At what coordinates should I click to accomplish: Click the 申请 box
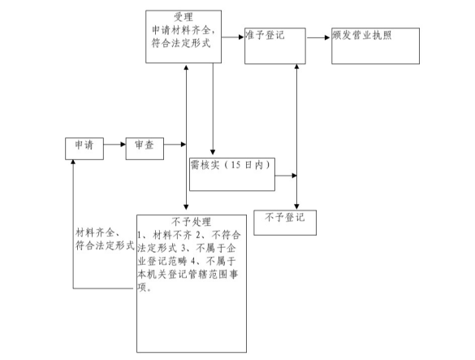coord(84,148)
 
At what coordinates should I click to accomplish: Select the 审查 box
coord(145,148)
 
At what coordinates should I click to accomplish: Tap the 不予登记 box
coord(285,220)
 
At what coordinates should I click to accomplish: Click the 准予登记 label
coord(265,37)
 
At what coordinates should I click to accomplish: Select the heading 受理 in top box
coord(184,17)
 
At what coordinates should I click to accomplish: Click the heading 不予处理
coord(192,221)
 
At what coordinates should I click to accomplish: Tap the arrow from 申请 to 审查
coord(114,148)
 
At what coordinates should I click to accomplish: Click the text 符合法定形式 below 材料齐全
coord(104,245)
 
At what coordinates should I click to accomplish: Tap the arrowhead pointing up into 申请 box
coord(74,162)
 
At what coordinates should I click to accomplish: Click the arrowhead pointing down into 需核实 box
coord(212,152)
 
